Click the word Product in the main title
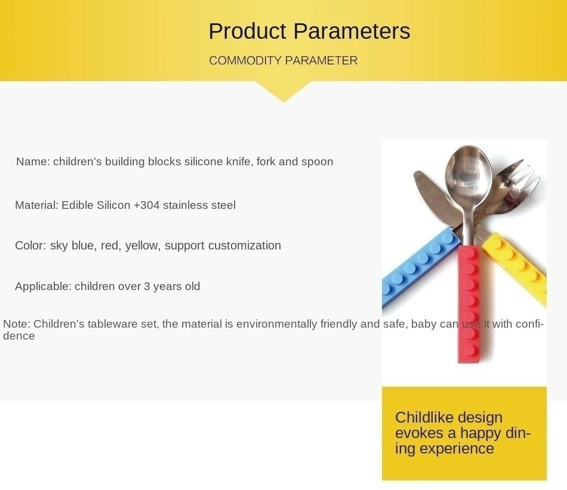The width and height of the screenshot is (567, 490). tap(247, 31)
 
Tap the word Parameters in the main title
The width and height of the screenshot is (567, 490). tap(352, 31)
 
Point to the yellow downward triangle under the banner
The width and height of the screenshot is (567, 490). tap(283, 91)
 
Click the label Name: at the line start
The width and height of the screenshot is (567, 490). tap(33, 162)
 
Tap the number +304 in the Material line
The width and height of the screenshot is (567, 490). tap(146, 205)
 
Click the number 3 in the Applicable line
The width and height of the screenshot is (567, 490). tap(147, 286)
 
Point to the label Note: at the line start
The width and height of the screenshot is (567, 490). tap(17, 323)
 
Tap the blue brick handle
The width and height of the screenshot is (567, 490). tap(420, 267)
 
